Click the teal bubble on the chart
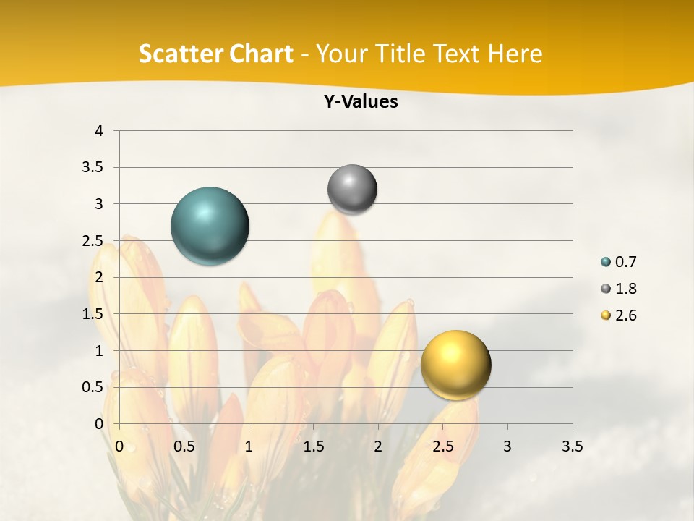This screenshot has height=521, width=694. (x=210, y=226)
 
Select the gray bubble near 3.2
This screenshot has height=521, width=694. (x=352, y=190)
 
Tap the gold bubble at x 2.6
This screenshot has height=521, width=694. (x=455, y=365)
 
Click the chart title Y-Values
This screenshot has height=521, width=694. (x=361, y=102)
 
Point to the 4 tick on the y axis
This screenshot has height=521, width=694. (x=100, y=131)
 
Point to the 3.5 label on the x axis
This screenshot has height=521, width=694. (x=572, y=446)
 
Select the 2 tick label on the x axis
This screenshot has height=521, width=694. (x=377, y=446)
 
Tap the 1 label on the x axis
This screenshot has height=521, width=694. (x=249, y=446)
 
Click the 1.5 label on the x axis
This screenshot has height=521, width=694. (x=313, y=446)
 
